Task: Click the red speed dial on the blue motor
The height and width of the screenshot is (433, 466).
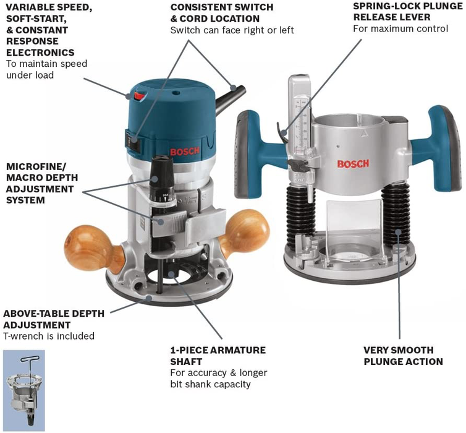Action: tap(137, 94)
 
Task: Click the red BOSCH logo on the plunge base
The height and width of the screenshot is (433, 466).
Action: tap(353, 163)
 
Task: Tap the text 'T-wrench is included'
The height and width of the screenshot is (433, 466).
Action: tap(49, 337)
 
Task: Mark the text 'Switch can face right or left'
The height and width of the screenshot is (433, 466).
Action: tap(232, 30)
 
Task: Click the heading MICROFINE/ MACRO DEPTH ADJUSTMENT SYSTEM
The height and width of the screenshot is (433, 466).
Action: tap(44, 183)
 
